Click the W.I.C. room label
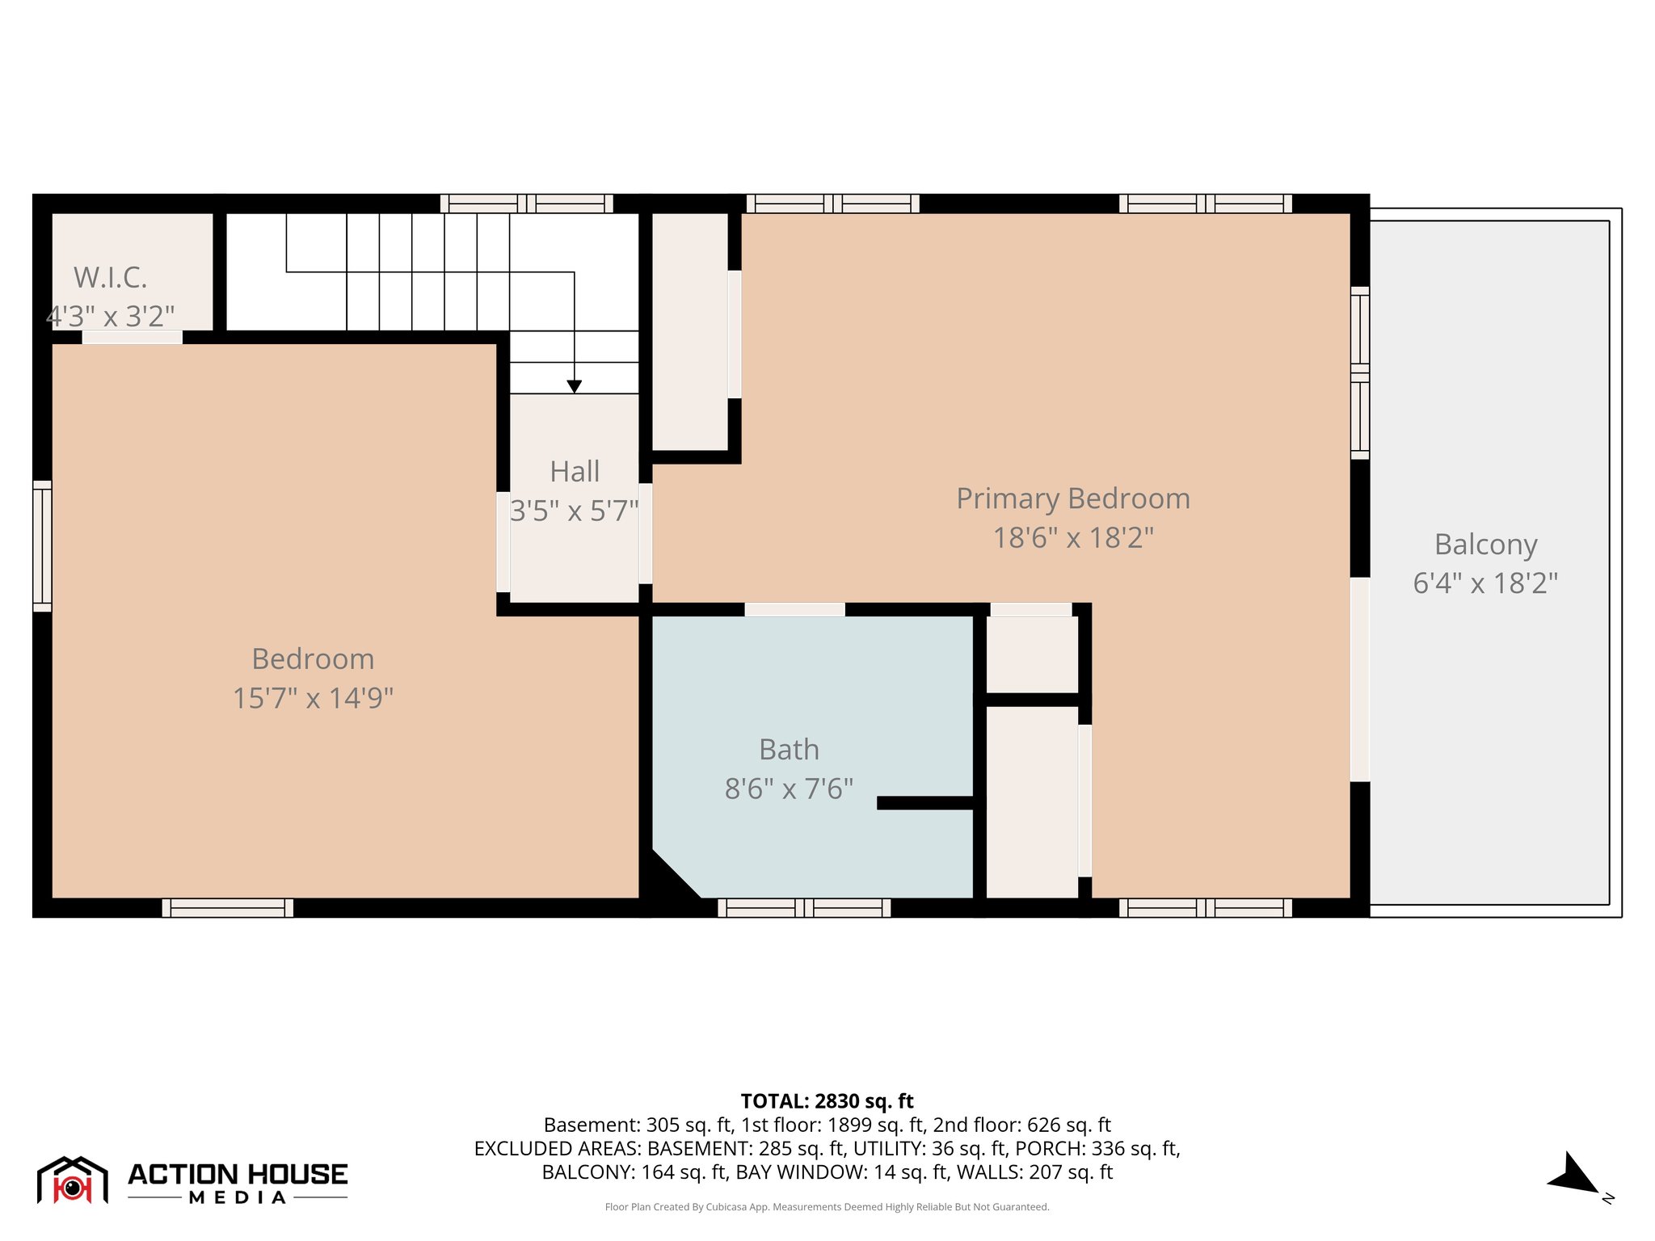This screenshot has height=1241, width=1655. coord(111,278)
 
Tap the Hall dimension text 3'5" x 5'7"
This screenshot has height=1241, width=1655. coord(575,511)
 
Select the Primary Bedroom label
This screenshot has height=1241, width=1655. coord(1072,499)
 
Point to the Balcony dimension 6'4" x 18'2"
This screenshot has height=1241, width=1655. coord(1484,583)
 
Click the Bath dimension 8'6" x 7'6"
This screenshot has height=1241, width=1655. coord(789,789)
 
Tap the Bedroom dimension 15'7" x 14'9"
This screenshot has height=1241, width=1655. coord(313,698)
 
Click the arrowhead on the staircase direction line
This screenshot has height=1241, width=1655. coord(574,387)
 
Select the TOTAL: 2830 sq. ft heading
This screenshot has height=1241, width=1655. coord(827,1101)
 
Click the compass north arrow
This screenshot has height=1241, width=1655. coord(1572,1175)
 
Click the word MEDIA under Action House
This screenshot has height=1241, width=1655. coord(238,1198)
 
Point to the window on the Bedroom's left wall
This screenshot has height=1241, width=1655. coord(42,546)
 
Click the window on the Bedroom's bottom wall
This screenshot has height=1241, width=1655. coord(228,908)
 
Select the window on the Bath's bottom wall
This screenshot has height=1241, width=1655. coord(804,908)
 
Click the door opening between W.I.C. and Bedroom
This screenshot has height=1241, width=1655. coord(133,338)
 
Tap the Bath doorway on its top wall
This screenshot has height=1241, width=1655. coord(794,610)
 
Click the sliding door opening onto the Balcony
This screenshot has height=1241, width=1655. coord(1360,679)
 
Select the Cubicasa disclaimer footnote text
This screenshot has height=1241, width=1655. coord(827,1207)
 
